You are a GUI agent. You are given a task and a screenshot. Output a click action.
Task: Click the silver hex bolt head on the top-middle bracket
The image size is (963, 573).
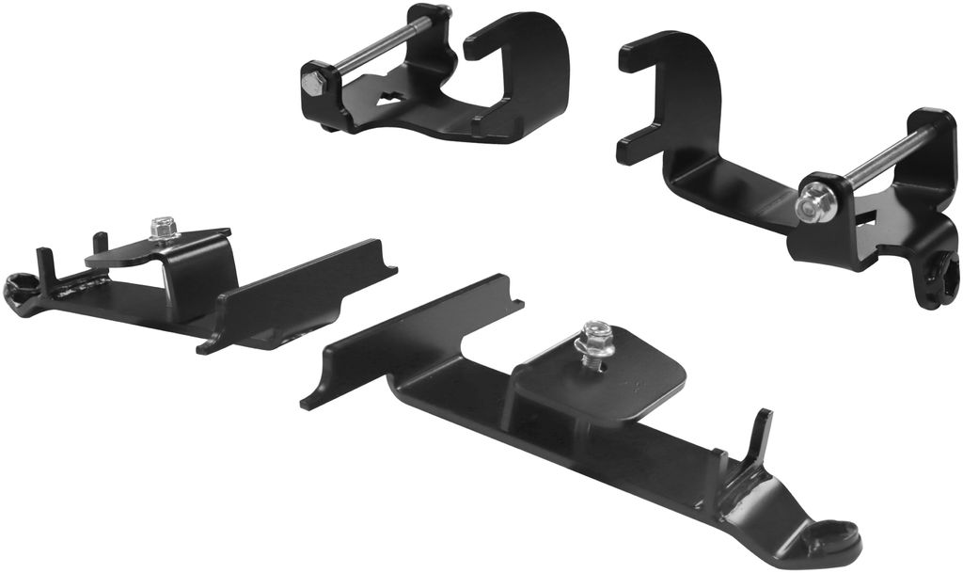tap(312, 83)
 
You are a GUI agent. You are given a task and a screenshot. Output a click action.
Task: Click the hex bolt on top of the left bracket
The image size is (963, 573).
tap(164, 228)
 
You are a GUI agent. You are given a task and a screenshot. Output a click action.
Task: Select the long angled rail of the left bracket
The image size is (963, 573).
tap(301, 292)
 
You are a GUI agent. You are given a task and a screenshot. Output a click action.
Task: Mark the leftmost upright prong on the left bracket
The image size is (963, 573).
tap(42, 265)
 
